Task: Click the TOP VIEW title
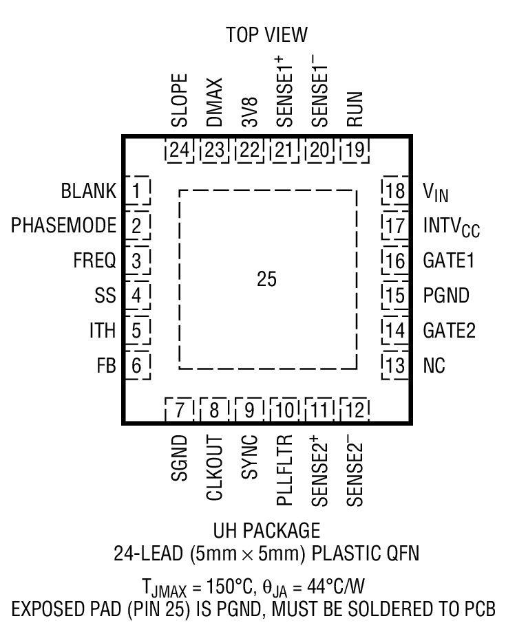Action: pyautogui.click(x=266, y=35)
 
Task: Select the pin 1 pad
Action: pyautogui.click(x=138, y=190)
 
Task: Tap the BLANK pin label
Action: pyautogui.click(x=89, y=190)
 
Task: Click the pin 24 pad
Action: pyautogui.click(x=179, y=149)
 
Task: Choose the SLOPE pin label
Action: pyautogui.click(x=179, y=100)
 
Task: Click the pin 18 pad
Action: pyautogui.click(x=395, y=190)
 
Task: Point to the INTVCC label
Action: pyautogui.click(x=451, y=226)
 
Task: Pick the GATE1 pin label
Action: pyautogui.click(x=449, y=261)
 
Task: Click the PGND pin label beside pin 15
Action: pyautogui.click(x=446, y=296)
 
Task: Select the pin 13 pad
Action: pyautogui.click(x=395, y=365)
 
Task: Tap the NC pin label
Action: pyautogui.click(x=434, y=365)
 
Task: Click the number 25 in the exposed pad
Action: pyautogui.click(x=267, y=281)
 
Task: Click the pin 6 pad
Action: pyautogui.click(x=138, y=365)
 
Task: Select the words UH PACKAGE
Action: pyautogui.click(x=267, y=530)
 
